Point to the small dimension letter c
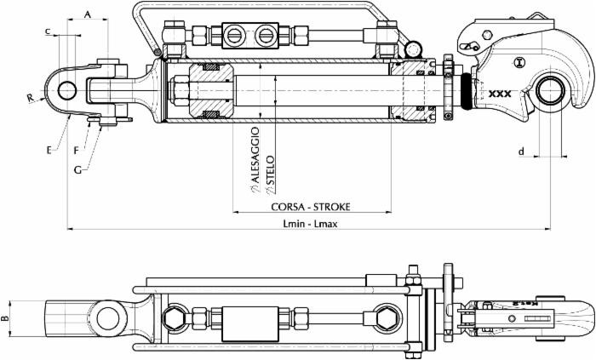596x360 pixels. click(48, 31)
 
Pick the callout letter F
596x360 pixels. click(77, 150)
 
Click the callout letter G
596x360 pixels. click(78, 170)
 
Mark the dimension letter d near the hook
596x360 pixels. click(521, 151)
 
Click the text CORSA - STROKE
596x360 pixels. click(311, 207)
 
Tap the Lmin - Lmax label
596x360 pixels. click(310, 222)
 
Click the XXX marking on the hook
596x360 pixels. click(501, 95)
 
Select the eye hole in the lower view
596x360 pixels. click(107, 319)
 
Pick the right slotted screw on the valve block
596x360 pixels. click(265, 35)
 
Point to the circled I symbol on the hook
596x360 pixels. click(519, 61)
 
